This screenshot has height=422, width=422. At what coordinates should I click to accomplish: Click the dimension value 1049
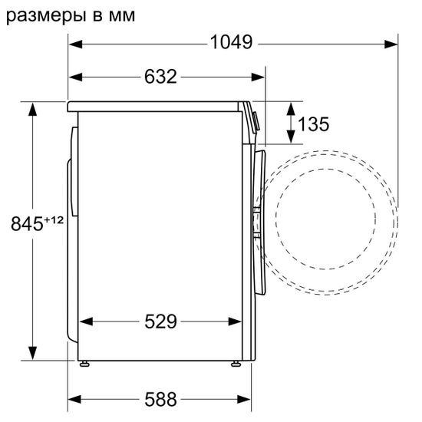231,44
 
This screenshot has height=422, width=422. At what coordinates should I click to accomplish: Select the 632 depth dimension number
160,77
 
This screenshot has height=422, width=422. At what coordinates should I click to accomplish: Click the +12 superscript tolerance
52,220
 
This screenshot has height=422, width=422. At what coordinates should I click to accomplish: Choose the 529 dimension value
160,321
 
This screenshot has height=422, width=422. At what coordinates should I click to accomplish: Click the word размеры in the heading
44,15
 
